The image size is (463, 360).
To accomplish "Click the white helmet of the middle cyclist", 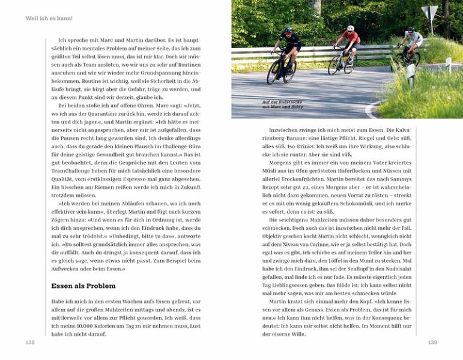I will [x=351, y=28].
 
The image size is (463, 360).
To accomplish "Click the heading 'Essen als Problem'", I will [x=83, y=286].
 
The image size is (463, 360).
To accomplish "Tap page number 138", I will [x=30, y=342].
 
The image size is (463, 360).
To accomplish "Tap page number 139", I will [x=432, y=342].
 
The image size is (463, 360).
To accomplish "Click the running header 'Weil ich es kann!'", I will [x=49, y=19].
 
